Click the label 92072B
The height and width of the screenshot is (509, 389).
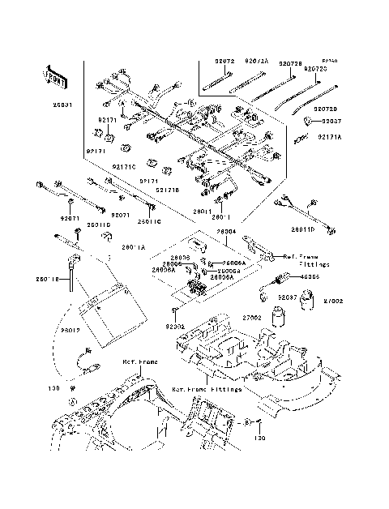coord(291,62)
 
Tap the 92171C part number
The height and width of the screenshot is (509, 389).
coord(124,167)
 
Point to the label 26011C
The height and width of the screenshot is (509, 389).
coord(149,220)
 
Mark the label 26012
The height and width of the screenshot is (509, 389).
coord(71,330)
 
